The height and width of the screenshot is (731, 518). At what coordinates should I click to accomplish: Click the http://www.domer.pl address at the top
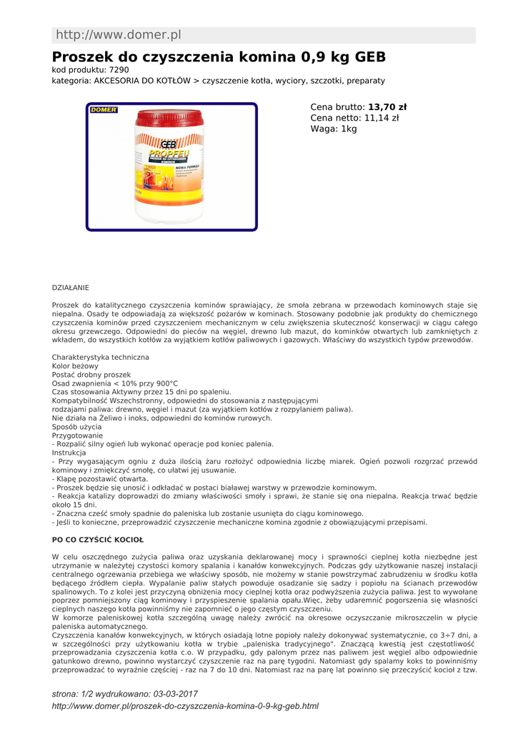(x=119, y=35)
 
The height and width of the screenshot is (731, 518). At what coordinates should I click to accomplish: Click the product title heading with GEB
(x=219, y=56)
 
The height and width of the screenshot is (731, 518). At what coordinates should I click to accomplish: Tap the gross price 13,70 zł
(x=387, y=107)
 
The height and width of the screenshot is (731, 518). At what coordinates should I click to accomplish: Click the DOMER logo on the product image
(x=104, y=110)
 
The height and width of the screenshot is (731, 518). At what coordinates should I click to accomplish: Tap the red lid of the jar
(x=169, y=119)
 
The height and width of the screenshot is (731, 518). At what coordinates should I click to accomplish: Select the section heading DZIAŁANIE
(x=71, y=287)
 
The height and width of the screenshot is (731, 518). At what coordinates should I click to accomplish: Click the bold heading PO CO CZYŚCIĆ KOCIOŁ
(x=98, y=540)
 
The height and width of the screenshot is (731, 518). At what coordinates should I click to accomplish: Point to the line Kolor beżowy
(x=75, y=365)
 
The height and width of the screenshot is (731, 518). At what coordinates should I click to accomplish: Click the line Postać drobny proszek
(x=91, y=375)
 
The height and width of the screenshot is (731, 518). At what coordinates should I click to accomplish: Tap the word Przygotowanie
(x=77, y=435)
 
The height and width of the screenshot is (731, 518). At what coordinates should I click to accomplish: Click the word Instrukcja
(x=69, y=453)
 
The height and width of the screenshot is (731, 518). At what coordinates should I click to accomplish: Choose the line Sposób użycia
(x=76, y=427)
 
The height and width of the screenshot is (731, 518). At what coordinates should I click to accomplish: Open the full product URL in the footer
(x=185, y=706)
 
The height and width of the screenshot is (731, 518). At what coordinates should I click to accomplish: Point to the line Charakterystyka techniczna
(x=100, y=357)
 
